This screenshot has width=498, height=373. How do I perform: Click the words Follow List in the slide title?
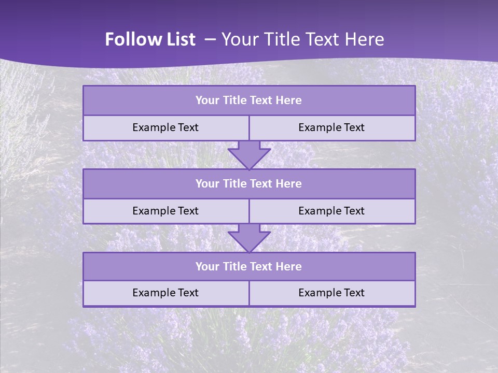click(x=150, y=39)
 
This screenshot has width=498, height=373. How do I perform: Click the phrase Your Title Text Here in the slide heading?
click(x=302, y=39)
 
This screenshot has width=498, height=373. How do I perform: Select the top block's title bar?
click(x=249, y=101)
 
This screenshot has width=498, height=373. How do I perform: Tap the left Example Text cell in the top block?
click(x=165, y=128)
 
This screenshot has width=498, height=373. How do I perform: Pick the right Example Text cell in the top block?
click(x=331, y=128)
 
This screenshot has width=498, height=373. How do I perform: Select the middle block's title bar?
click(x=249, y=184)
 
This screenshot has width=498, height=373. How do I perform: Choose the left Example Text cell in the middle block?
click(x=165, y=211)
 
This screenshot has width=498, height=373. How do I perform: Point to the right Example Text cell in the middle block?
click(x=331, y=211)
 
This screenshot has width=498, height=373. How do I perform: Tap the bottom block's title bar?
click(x=249, y=267)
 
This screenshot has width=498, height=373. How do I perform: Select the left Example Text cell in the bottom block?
click(x=165, y=293)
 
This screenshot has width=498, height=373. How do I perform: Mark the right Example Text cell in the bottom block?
click(x=331, y=293)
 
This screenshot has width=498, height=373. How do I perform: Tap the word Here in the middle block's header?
click(x=288, y=184)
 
